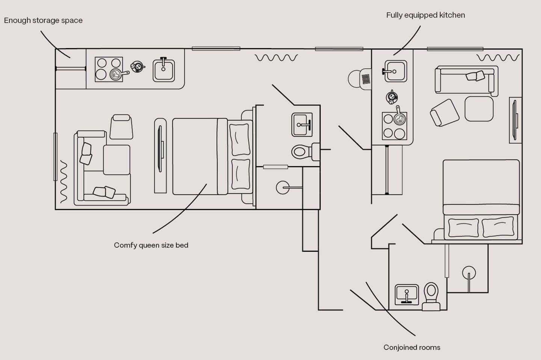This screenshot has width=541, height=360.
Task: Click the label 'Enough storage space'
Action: point(43,21)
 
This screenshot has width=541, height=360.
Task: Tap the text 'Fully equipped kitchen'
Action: point(426,15)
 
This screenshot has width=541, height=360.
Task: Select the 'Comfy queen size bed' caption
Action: point(151,246)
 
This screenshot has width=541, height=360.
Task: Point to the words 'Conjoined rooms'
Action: point(412,348)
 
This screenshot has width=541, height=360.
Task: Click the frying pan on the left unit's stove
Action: point(118,74)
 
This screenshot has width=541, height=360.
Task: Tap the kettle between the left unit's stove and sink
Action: point(138,66)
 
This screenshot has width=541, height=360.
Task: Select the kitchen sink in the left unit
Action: point(164,70)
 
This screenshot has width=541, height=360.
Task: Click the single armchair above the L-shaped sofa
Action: point(121,127)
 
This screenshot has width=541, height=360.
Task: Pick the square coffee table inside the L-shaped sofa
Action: point(116,160)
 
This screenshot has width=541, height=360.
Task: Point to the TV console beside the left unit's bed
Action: point(160,156)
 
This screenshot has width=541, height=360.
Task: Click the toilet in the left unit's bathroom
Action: point(305,152)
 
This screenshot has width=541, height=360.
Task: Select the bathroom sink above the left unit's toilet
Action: point(302,125)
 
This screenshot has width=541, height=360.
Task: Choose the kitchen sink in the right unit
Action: point(395,71)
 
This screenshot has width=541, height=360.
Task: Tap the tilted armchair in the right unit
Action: point(444,113)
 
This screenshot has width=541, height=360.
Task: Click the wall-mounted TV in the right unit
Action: point(515,120)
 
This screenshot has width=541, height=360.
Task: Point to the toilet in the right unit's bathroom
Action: point(431,297)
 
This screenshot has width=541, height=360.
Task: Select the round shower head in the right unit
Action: point(469,273)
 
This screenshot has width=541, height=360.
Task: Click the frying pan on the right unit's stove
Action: point(399,117)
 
